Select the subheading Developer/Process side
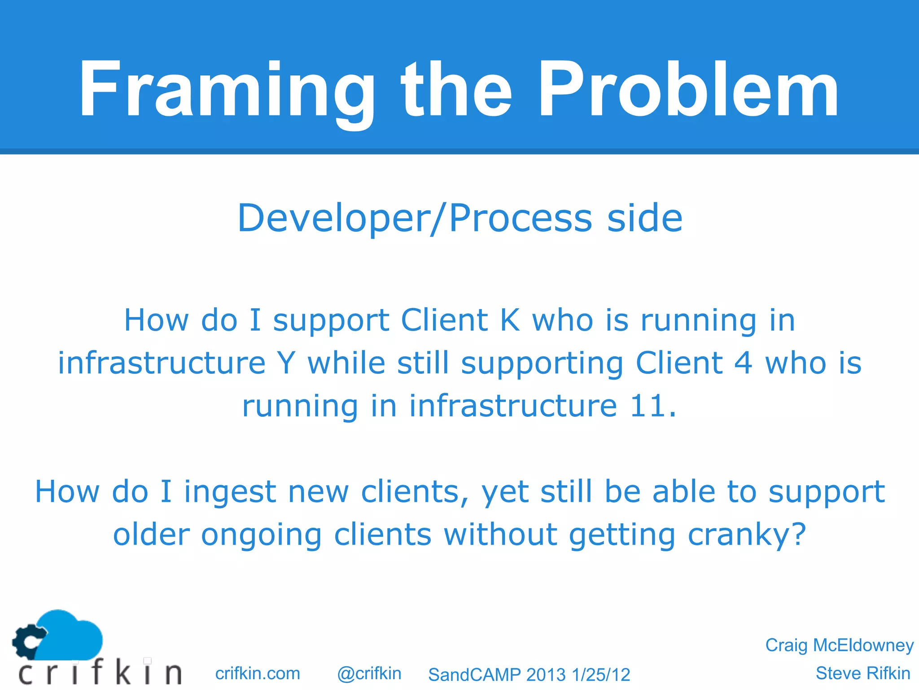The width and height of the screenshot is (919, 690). pos(459,218)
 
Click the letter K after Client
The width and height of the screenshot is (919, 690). pos(510,320)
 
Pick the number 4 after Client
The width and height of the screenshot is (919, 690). pos(743,363)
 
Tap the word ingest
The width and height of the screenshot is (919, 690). pos(230,492)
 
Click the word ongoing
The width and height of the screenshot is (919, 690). pos(261,535)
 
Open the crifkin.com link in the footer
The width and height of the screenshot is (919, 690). pos(258,673)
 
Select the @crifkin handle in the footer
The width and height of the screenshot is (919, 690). pos(369,673)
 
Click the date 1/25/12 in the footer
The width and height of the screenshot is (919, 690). pos(601,675)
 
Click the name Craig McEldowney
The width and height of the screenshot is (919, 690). pos(839,645)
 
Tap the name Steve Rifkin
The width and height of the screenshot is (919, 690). pos(862,673)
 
